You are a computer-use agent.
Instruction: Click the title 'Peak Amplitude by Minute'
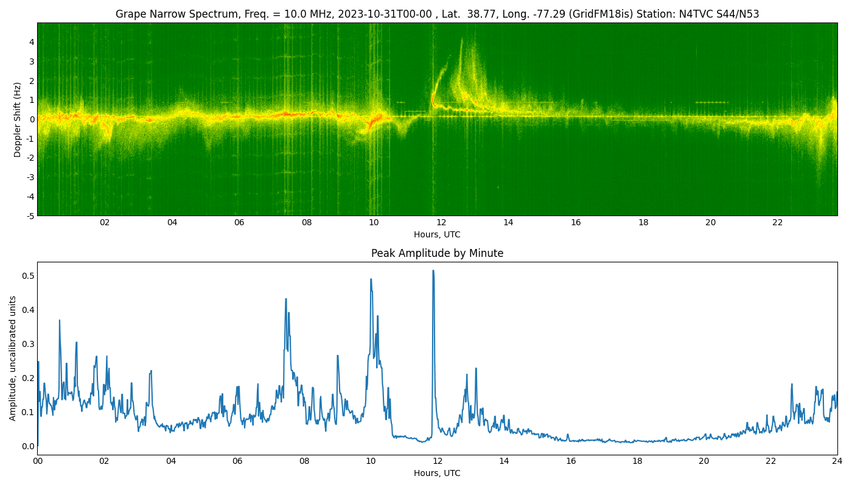click(437, 254)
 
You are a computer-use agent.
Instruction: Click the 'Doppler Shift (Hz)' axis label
click(18, 119)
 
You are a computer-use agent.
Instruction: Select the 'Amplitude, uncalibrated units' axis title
click(13, 358)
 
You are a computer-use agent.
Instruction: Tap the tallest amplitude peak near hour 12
click(433, 271)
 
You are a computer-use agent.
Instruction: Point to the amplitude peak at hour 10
click(371, 279)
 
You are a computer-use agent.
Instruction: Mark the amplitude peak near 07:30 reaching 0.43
click(286, 299)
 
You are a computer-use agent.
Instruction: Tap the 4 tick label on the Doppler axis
click(31, 42)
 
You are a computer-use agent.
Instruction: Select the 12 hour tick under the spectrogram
click(441, 223)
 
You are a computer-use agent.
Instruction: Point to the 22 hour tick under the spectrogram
click(778, 223)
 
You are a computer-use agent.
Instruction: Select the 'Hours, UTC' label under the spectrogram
click(437, 235)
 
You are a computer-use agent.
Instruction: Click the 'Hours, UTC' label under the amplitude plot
click(437, 474)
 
